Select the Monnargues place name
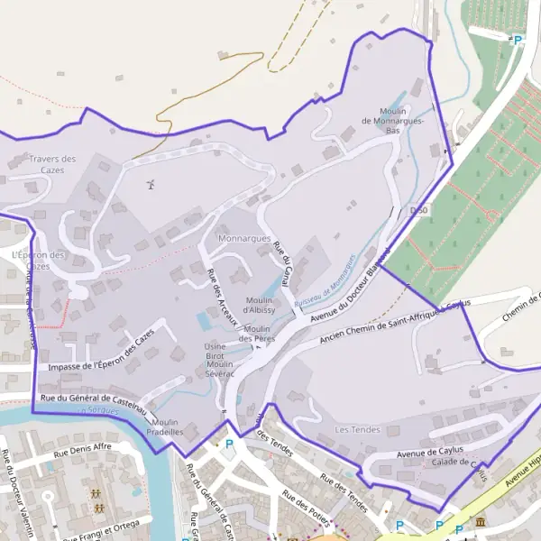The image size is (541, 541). (244, 239)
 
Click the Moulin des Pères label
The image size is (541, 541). (257, 334)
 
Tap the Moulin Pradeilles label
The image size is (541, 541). (166, 426)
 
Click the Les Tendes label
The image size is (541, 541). (357, 430)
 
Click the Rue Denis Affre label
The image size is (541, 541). (82, 451)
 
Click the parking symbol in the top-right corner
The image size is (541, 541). (518, 41)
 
